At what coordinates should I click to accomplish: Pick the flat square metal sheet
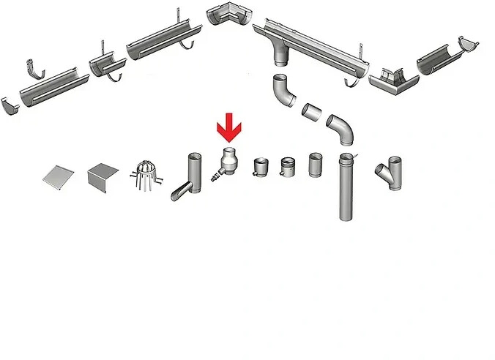[57, 176]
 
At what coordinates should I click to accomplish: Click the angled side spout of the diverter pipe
[181, 193]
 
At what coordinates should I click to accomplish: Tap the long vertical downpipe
[346, 189]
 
